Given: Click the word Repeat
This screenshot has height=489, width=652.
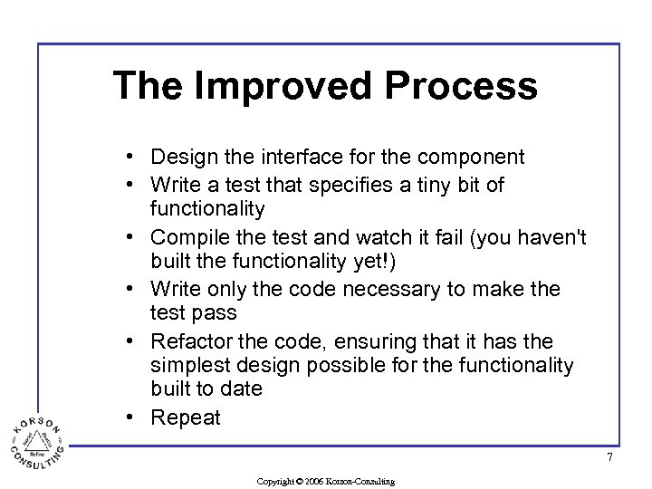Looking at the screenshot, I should [186, 417].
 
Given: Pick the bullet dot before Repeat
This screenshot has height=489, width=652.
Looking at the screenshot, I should [132, 417].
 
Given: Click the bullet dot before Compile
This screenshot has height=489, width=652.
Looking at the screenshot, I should [132, 237].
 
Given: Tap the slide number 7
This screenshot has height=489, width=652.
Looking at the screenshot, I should [609, 457].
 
